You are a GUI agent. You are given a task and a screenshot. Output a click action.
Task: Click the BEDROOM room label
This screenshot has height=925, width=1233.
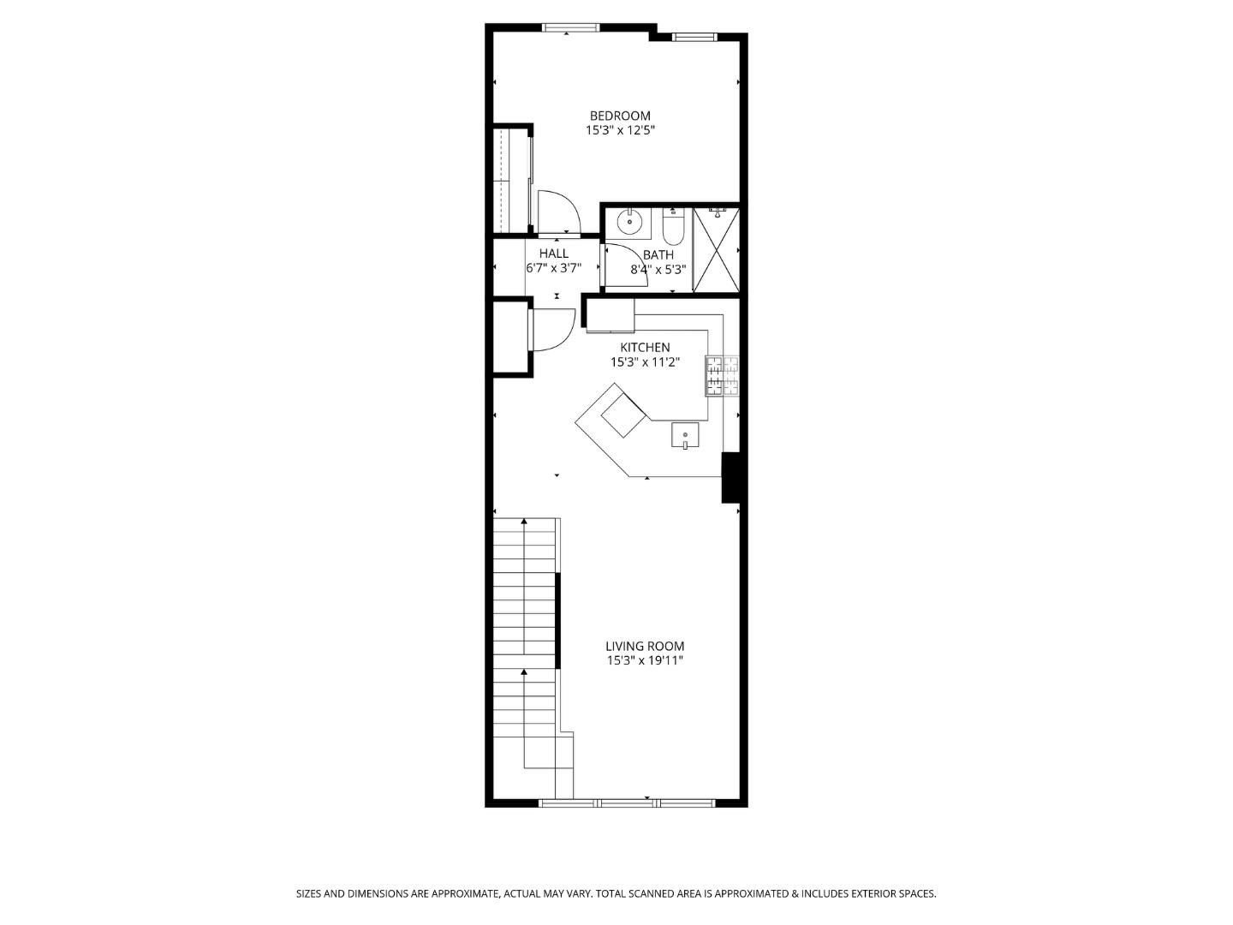coord(620,116)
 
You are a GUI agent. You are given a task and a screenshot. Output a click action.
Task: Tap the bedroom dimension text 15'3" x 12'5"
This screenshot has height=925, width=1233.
coord(620,130)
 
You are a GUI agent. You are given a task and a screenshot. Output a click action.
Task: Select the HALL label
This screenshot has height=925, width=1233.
coord(553,254)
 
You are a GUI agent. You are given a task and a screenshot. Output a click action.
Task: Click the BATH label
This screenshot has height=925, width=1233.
coord(658,255)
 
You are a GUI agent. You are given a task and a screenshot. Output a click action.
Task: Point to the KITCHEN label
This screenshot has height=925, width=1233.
coord(645,347)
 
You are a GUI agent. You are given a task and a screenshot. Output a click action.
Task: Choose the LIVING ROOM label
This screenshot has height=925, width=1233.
coord(645,646)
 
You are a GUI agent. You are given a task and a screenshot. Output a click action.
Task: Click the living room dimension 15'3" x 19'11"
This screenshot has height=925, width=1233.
coord(645,660)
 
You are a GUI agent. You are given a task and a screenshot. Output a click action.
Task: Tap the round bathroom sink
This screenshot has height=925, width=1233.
coord(629,221)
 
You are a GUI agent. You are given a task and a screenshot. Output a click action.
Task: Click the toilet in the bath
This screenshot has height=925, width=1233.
coord(672,226)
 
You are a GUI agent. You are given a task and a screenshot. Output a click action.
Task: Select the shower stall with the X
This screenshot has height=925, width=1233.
coord(716,249)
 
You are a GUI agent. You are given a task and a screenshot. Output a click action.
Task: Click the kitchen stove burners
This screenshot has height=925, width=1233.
coord(723,376)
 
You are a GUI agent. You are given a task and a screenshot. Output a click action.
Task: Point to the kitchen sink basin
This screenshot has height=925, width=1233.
coord(685,435)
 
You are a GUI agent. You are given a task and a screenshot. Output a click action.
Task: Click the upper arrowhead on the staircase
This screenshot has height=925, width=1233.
coord(524,522)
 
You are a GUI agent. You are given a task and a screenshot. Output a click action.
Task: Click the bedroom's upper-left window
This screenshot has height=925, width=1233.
coord(571,27)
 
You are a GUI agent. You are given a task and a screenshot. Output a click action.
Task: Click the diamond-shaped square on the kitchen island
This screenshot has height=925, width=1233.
coord(623,415)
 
